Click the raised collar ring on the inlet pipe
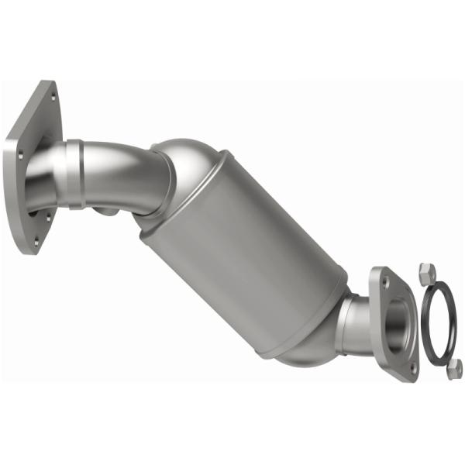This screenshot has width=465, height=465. pyautogui.click(x=74, y=175)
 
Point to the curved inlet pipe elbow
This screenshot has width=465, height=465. pyautogui.click(x=124, y=174)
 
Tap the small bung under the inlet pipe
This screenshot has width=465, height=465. pyautogui.click(x=108, y=212)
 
